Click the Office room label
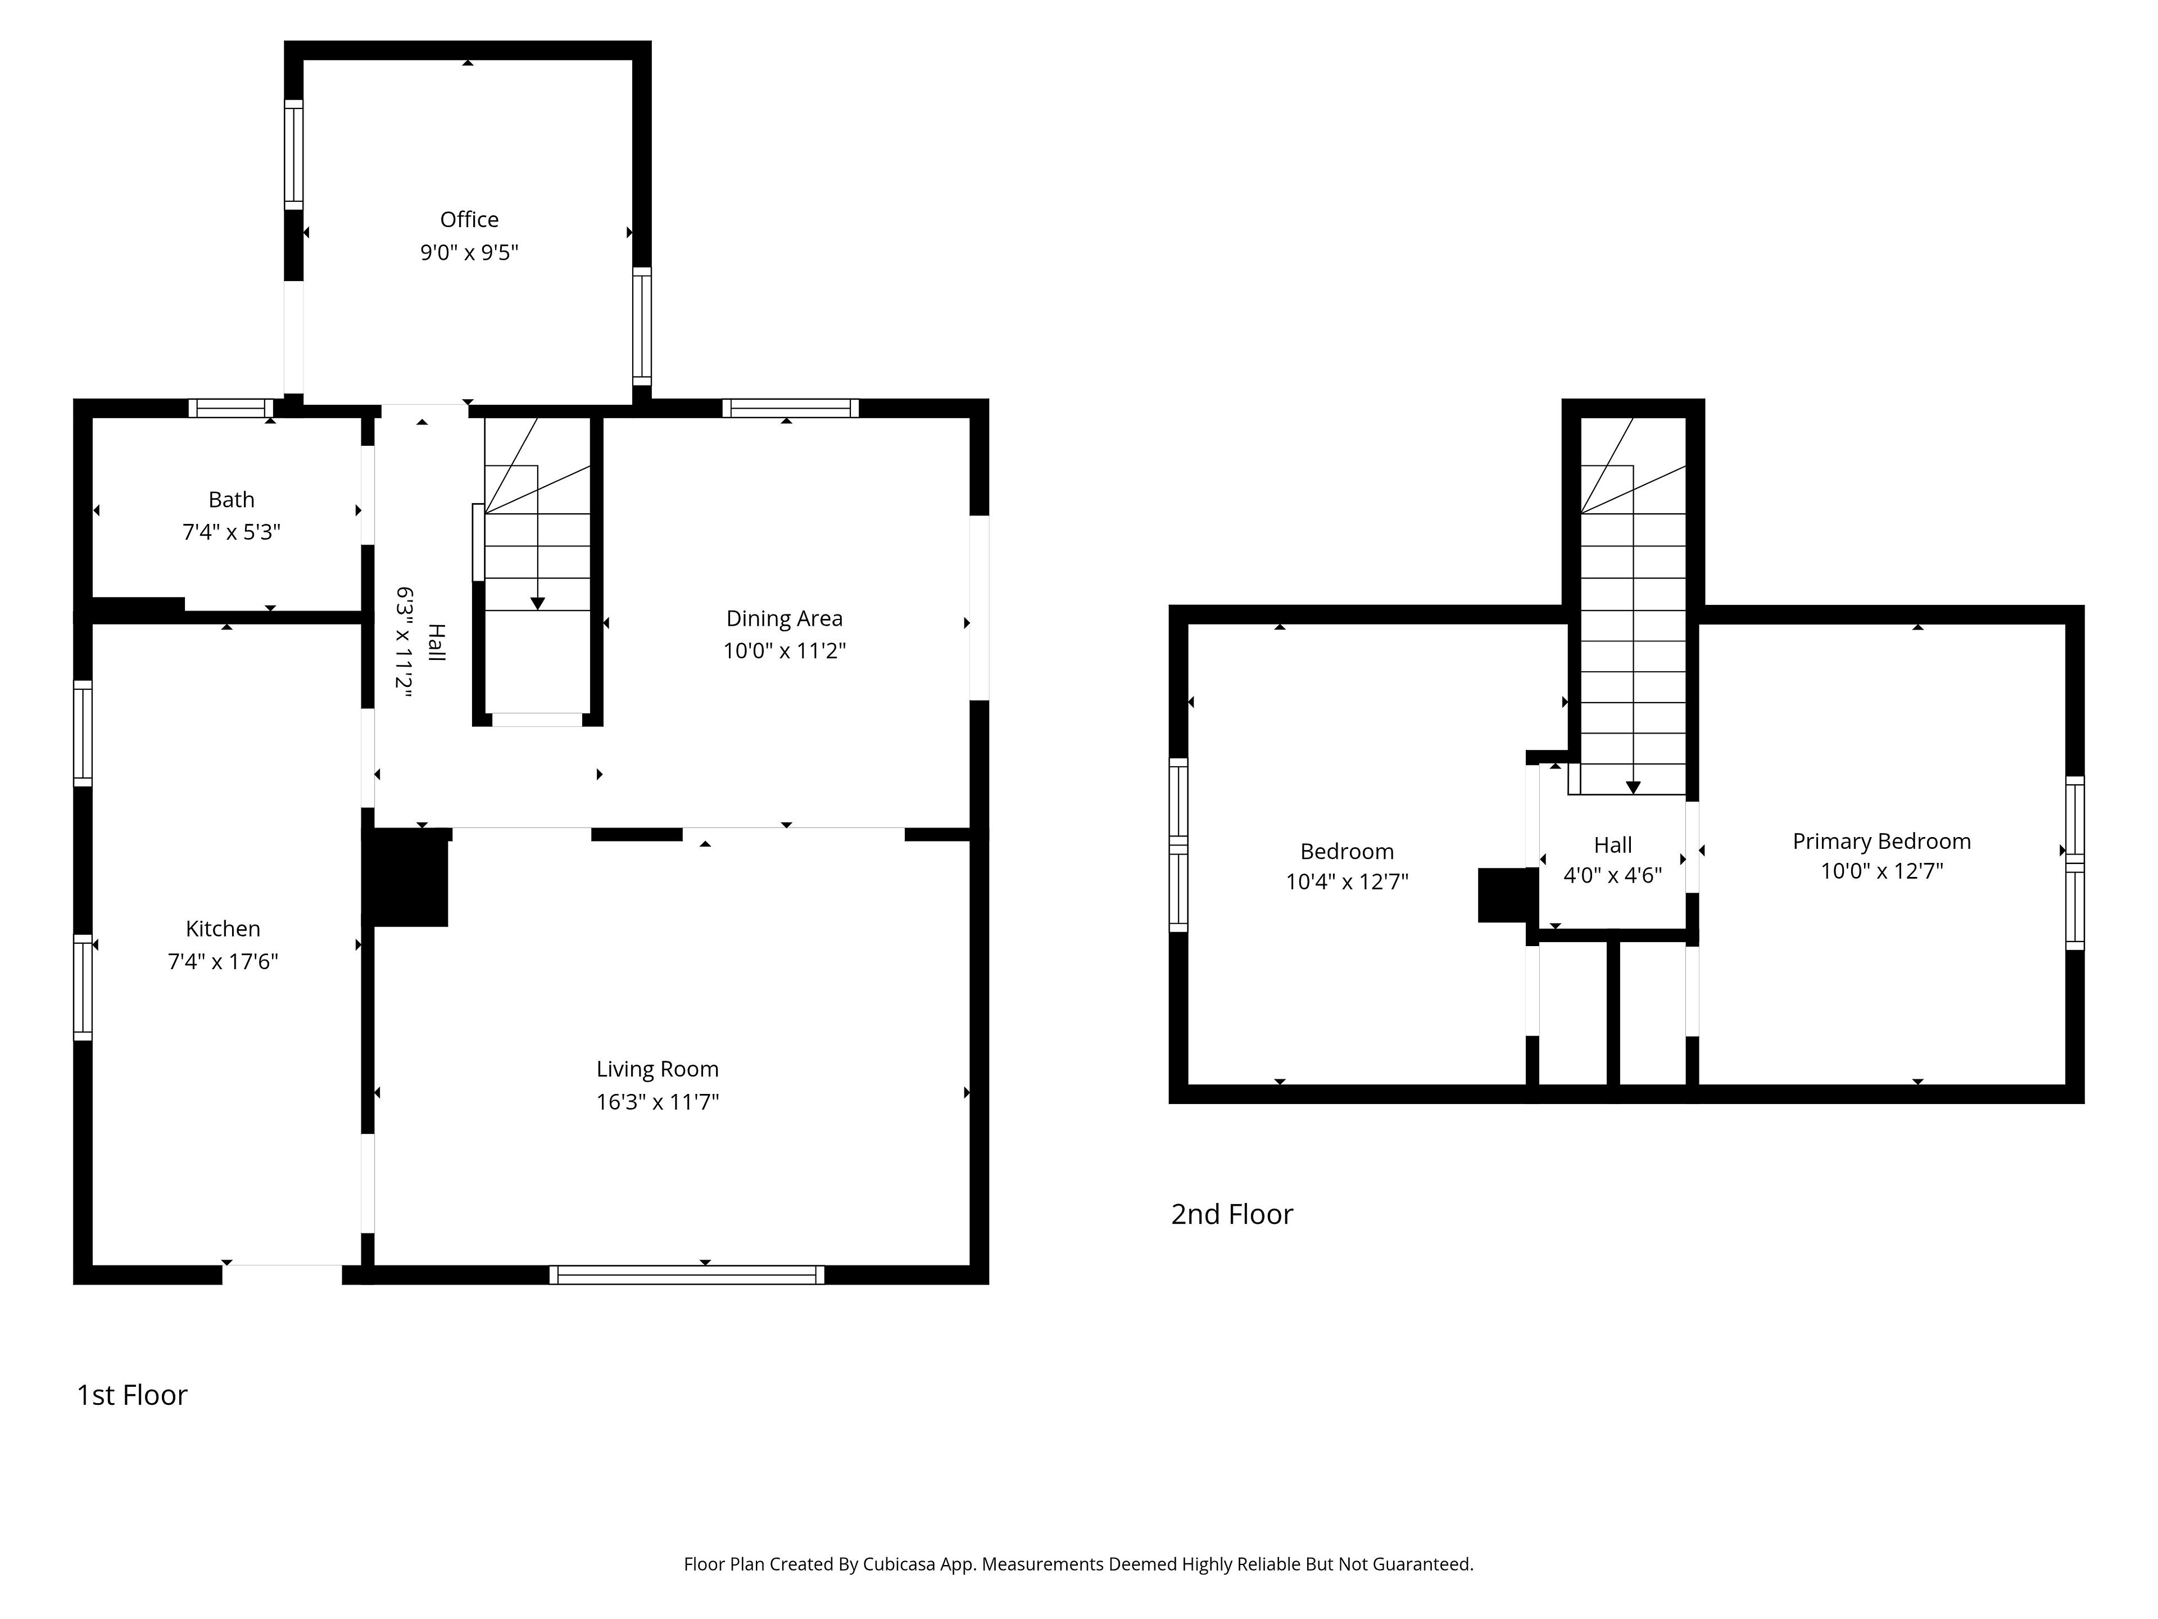469,220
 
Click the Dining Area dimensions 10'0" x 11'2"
785,651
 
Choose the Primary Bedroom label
1882,841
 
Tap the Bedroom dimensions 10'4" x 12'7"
1347,882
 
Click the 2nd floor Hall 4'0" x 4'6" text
1613,860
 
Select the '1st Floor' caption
132,1395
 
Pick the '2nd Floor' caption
1232,1214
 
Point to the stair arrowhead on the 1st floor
538,604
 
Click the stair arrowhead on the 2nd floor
1633,788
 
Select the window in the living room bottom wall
687,1274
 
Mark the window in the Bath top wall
231,408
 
